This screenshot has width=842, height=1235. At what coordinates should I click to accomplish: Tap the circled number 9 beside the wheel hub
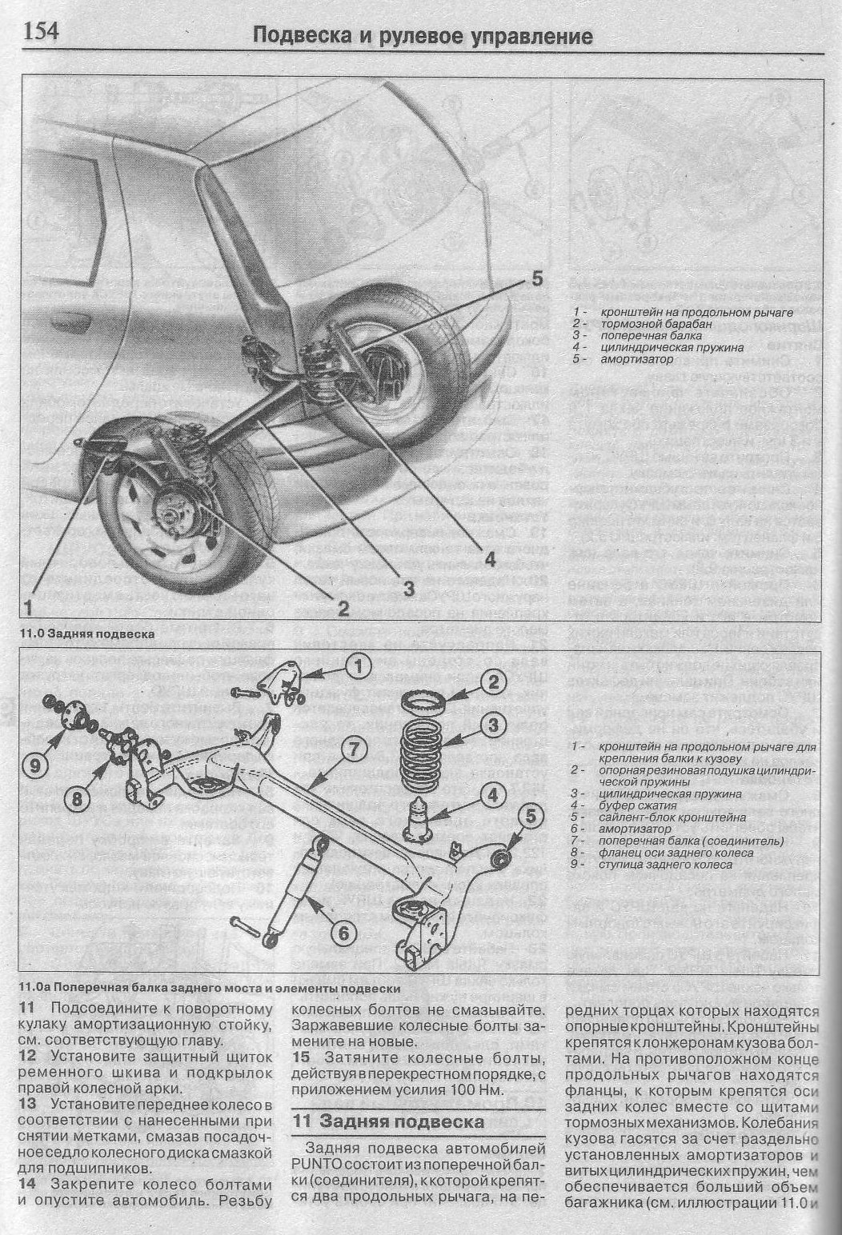click(x=37, y=765)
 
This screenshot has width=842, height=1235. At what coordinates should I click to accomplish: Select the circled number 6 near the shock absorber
click(x=341, y=932)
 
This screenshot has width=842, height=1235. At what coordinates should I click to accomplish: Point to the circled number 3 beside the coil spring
click(x=493, y=725)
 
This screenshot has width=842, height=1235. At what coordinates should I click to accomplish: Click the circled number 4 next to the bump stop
click(x=493, y=795)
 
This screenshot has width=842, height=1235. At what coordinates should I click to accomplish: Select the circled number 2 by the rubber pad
click(x=493, y=681)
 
